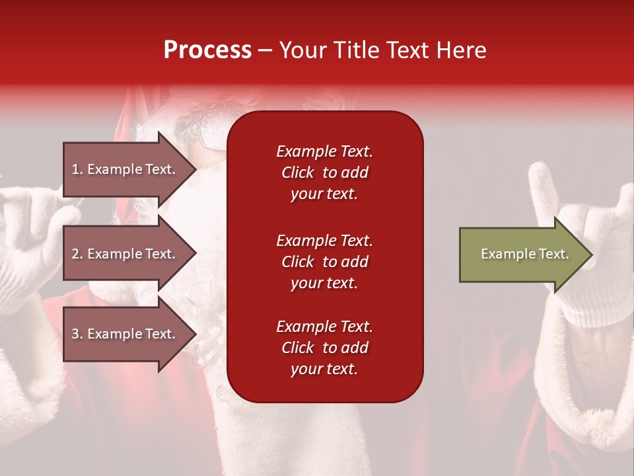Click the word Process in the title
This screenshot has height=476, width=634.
(x=207, y=50)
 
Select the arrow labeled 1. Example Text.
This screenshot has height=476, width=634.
(x=129, y=169)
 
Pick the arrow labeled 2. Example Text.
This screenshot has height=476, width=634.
(x=129, y=253)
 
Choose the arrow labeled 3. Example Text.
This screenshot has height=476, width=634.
(x=129, y=334)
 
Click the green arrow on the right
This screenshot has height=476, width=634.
(x=526, y=255)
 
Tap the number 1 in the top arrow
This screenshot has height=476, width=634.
(x=75, y=169)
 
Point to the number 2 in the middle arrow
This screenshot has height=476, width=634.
(x=75, y=254)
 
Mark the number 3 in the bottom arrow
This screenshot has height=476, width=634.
(x=75, y=334)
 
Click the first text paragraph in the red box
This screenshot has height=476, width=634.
(x=325, y=173)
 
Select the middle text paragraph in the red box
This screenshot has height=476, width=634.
(x=325, y=262)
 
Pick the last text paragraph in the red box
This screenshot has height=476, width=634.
(x=325, y=348)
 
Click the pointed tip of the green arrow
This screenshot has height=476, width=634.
(x=592, y=255)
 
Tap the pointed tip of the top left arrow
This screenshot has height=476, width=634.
(x=197, y=169)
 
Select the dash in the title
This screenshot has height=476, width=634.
(x=265, y=51)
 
